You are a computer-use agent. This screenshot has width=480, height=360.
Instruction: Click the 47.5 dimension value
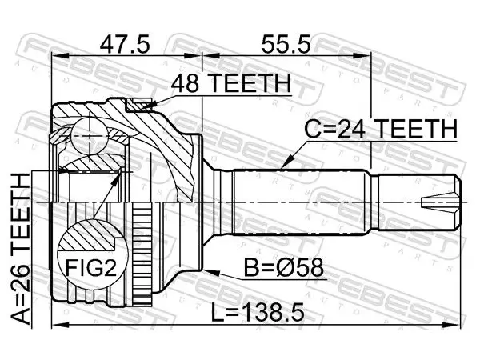(x=125, y=44)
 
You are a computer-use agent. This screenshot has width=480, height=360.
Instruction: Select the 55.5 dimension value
(x=286, y=44)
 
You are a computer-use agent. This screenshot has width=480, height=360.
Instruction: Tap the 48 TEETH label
(x=231, y=83)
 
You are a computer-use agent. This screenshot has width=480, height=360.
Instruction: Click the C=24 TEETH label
(x=381, y=129)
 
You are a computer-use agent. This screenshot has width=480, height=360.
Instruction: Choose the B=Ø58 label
(x=283, y=267)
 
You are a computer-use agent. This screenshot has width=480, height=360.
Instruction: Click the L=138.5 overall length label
(x=258, y=311)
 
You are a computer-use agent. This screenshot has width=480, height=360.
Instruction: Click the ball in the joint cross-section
(x=90, y=136)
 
